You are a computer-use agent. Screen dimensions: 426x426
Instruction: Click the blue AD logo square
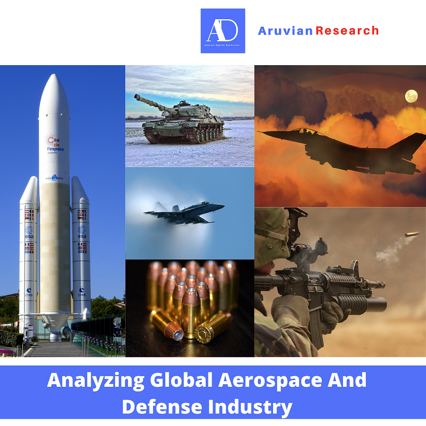[223, 31]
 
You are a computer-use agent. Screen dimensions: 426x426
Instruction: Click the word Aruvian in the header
[285, 31]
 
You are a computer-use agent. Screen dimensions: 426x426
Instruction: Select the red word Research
[347, 31]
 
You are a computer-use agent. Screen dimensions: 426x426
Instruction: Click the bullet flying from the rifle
[412, 234]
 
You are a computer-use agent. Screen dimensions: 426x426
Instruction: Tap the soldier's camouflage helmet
[272, 235]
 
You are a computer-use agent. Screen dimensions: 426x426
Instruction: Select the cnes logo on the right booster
[82, 292]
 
